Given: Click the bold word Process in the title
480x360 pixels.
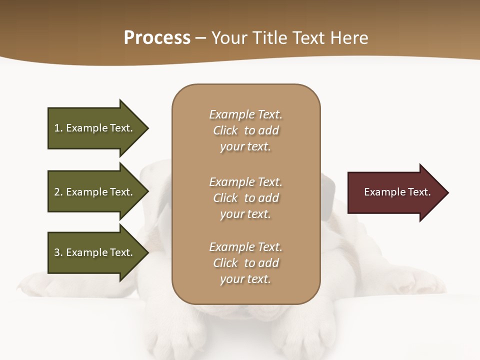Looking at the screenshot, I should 157,38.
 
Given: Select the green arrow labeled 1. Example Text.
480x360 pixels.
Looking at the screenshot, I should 95,128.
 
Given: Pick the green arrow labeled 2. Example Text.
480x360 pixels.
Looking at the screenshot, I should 95,192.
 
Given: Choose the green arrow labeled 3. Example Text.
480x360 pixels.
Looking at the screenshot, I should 95,252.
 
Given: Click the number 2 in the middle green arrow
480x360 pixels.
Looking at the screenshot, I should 57,192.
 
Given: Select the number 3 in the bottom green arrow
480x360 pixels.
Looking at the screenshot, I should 57,252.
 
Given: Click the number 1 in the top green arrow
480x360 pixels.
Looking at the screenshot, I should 56,128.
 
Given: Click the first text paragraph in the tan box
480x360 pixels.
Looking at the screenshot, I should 245,130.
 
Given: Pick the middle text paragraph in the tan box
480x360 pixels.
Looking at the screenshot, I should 245,198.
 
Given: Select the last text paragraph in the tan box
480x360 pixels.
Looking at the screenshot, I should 245,263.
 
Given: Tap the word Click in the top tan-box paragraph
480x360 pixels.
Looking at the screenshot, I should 225,130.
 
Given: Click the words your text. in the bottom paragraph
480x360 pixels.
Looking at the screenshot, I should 245,279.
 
